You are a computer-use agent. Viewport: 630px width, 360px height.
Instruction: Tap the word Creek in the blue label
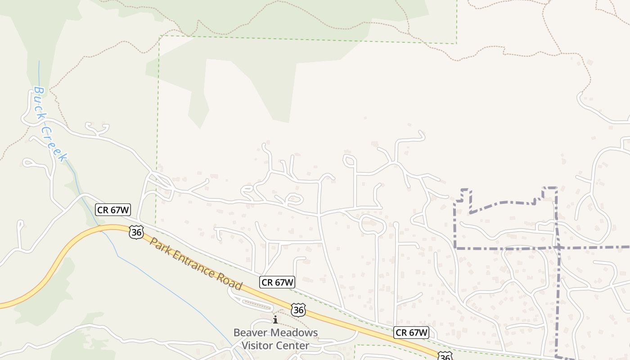pos(55,143)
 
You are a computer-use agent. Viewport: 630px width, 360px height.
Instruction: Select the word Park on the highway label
pos(160,248)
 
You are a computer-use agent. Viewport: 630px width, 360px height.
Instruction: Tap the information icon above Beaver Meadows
pos(275,319)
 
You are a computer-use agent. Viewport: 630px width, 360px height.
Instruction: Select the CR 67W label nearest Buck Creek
pos(113,210)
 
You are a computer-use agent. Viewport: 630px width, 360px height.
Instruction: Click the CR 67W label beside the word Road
pos(277,282)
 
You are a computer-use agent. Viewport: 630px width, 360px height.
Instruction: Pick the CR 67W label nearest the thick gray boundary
pos(411,333)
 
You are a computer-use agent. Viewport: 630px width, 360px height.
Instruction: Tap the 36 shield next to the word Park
pos(136,232)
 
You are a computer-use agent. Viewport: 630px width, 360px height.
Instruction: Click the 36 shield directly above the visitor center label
pos(298,310)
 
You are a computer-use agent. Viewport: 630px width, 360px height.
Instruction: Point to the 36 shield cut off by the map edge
pos(445,357)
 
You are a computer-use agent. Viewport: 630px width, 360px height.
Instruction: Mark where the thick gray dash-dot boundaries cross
pos(558,247)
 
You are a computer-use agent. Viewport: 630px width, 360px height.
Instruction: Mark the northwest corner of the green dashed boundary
pos(160,36)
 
